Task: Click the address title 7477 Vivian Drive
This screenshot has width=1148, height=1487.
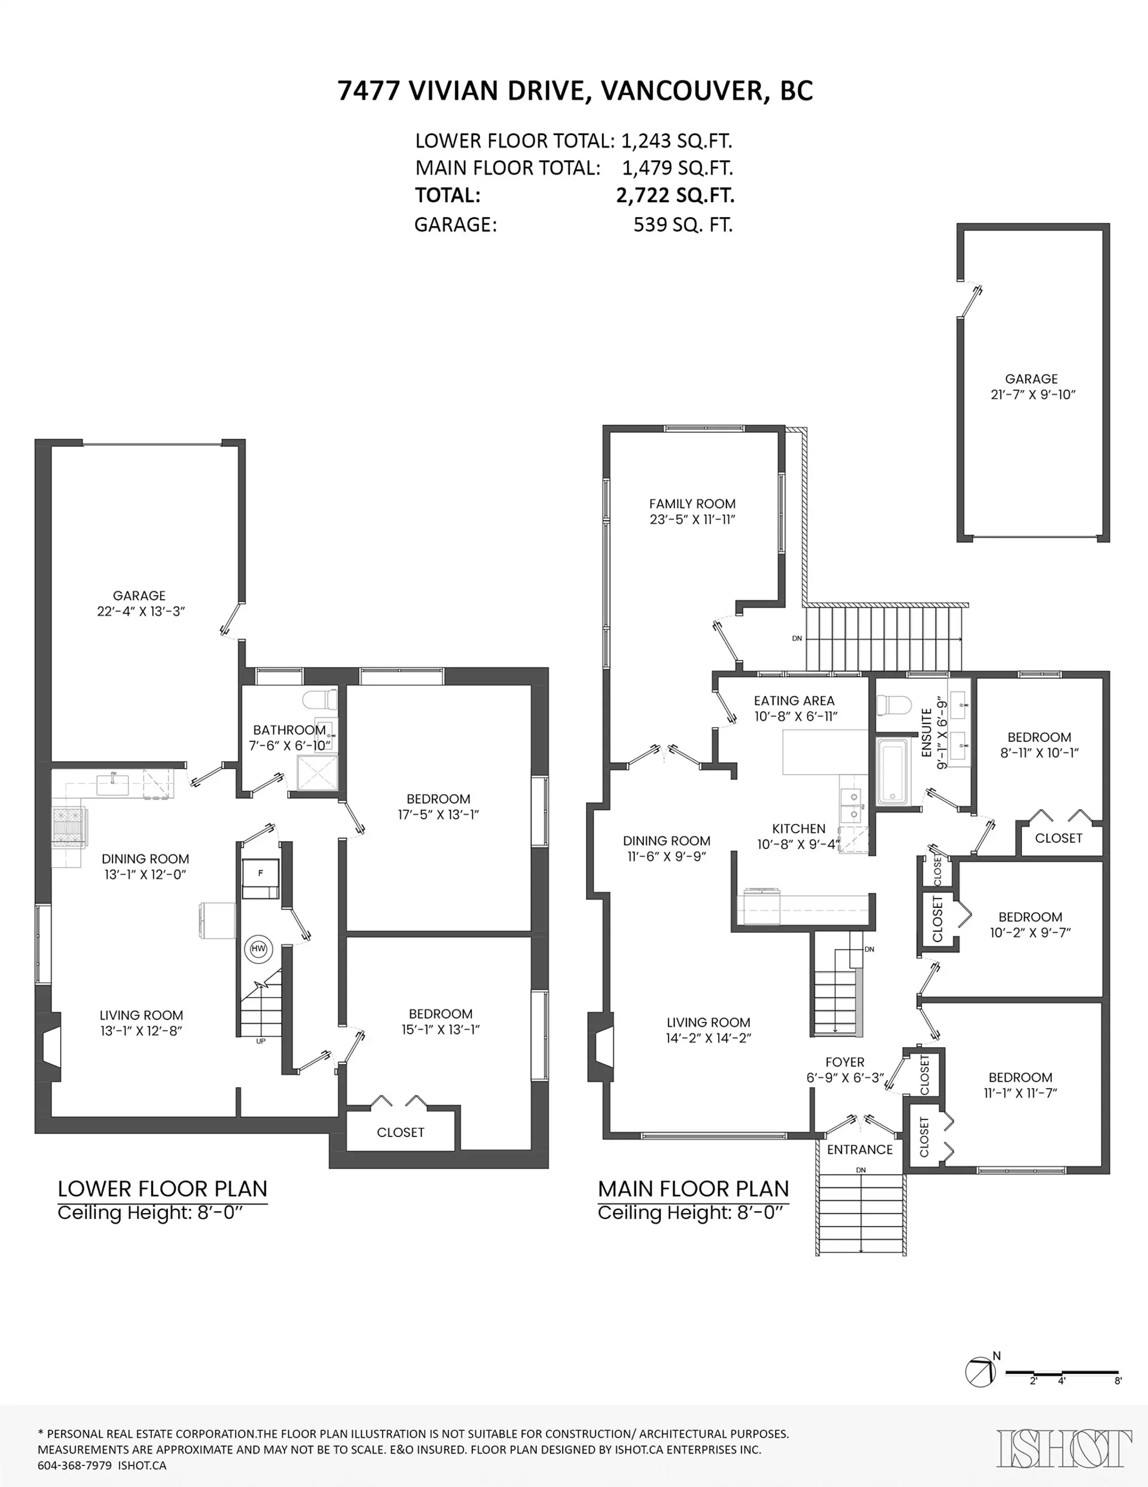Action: pyautogui.click(x=575, y=90)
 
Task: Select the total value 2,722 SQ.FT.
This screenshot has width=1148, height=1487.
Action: pyautogui.click(x=674, y=196)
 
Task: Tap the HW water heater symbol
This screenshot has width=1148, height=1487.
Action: pyautogui.click(x=258, y=948)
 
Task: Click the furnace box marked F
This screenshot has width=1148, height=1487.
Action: pyautogui.click(x=261, y=874)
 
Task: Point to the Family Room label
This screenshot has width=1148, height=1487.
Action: pyautogui.click(x=692, y=504)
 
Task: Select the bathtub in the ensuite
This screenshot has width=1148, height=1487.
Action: pyautogui.click(x=891, y=772)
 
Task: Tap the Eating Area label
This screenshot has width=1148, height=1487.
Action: pyautogui.click(x=793, y=701)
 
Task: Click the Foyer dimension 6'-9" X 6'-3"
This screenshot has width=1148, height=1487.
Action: pyautogui.click(x=844, y=1078)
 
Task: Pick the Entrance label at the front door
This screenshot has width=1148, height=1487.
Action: pyautogui.click(x=859, y=1150)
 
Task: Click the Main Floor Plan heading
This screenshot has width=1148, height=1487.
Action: pyautogui.click(x=693, y=1189)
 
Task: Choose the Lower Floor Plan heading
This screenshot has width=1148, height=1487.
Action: pyautogui.click(x=162, y=1189)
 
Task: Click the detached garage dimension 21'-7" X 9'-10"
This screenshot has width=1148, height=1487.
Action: pyautogui.click(x=1033, y=394)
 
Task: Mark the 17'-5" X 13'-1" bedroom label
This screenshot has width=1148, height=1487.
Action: pyautogui.click(x=438, y=814)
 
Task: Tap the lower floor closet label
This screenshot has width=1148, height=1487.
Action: pyautogui.click(x=400, y=1132)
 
